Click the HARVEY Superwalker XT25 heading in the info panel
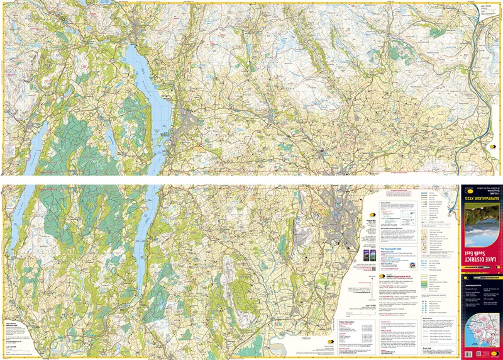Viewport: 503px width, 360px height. (389, 275)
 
